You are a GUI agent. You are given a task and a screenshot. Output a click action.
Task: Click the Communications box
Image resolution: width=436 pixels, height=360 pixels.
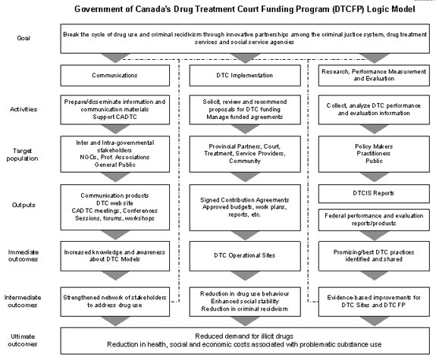(x=114, y=75)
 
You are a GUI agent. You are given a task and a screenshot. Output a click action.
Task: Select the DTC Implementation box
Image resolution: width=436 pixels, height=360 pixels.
(x=245, y=75)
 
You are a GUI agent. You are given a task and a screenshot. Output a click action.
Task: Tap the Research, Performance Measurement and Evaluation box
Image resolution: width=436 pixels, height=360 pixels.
(x=374, y=75)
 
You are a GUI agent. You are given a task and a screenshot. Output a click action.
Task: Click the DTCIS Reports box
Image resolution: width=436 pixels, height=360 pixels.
(x=374, y=193)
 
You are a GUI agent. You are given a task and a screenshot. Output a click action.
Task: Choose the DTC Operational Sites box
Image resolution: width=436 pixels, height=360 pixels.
(x=245, y=255)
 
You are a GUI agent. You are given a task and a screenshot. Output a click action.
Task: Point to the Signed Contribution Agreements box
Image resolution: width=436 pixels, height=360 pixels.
(x=245, y=208)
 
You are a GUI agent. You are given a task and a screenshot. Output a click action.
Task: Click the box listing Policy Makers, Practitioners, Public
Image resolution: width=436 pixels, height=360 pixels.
(x=374, y=154)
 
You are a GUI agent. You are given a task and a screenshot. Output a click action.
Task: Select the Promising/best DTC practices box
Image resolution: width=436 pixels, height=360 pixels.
(x=374, y=255)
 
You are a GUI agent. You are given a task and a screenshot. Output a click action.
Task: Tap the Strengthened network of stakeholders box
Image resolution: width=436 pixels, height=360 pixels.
(x=114, y=302)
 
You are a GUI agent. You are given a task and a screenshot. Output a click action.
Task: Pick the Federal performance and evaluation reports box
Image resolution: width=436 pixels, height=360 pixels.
(x=374, y=220)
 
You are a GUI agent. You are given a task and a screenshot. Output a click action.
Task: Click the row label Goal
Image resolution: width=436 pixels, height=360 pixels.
(x=24, y=38)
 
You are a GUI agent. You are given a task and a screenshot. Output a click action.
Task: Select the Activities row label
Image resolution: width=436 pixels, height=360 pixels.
(x=24, y=109)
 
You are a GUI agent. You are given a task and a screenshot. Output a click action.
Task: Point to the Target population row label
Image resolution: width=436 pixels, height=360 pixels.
(x=22, y=155)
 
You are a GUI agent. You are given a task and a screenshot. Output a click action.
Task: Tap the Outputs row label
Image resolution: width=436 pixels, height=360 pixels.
(x=24, y=205)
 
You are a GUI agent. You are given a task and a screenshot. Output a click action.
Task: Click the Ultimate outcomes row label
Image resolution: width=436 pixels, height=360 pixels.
(x=23, y=340)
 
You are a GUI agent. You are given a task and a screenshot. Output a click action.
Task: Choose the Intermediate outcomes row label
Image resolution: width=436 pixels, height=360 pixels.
(x=23, y=301)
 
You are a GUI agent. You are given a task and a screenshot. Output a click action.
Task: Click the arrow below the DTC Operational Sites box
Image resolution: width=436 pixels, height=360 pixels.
(x=245, y=276)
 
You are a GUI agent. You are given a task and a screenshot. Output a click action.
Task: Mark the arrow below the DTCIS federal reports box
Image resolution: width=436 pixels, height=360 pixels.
(x=374, y=236)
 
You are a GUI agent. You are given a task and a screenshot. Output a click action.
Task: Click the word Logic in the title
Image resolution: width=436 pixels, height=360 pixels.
(x=378, y=9)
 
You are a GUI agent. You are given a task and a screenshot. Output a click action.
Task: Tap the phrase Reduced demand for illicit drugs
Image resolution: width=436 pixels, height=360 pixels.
(x=244, y=336)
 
